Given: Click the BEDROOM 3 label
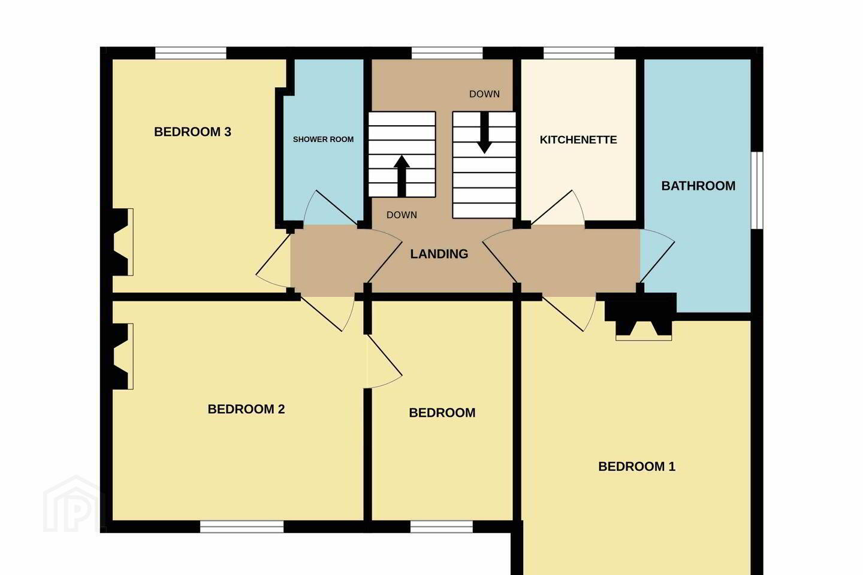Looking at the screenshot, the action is click(192, 132).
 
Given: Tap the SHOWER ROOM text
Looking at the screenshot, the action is click(323, 140).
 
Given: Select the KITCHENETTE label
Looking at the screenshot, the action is click(578, 140).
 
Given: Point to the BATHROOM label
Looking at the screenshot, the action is click(698, 186).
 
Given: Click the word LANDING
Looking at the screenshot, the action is click(439, 254).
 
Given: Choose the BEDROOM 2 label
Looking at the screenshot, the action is click(246, 409).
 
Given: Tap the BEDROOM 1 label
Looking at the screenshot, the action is click(637, 467).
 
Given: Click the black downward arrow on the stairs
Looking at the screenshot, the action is click(484, 133).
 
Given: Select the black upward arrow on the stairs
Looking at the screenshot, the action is click(402, 176).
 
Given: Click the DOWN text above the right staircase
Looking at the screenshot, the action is click(484, 94).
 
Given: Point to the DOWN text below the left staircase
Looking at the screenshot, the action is click(402, 215).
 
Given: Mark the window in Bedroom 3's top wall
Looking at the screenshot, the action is click(191, 53).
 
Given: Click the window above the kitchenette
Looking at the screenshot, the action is click(579, 53).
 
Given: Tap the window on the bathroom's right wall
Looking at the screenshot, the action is click(757, 190).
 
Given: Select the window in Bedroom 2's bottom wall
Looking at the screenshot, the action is click(242, 526).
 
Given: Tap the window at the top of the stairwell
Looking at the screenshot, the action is click(447, 53).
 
